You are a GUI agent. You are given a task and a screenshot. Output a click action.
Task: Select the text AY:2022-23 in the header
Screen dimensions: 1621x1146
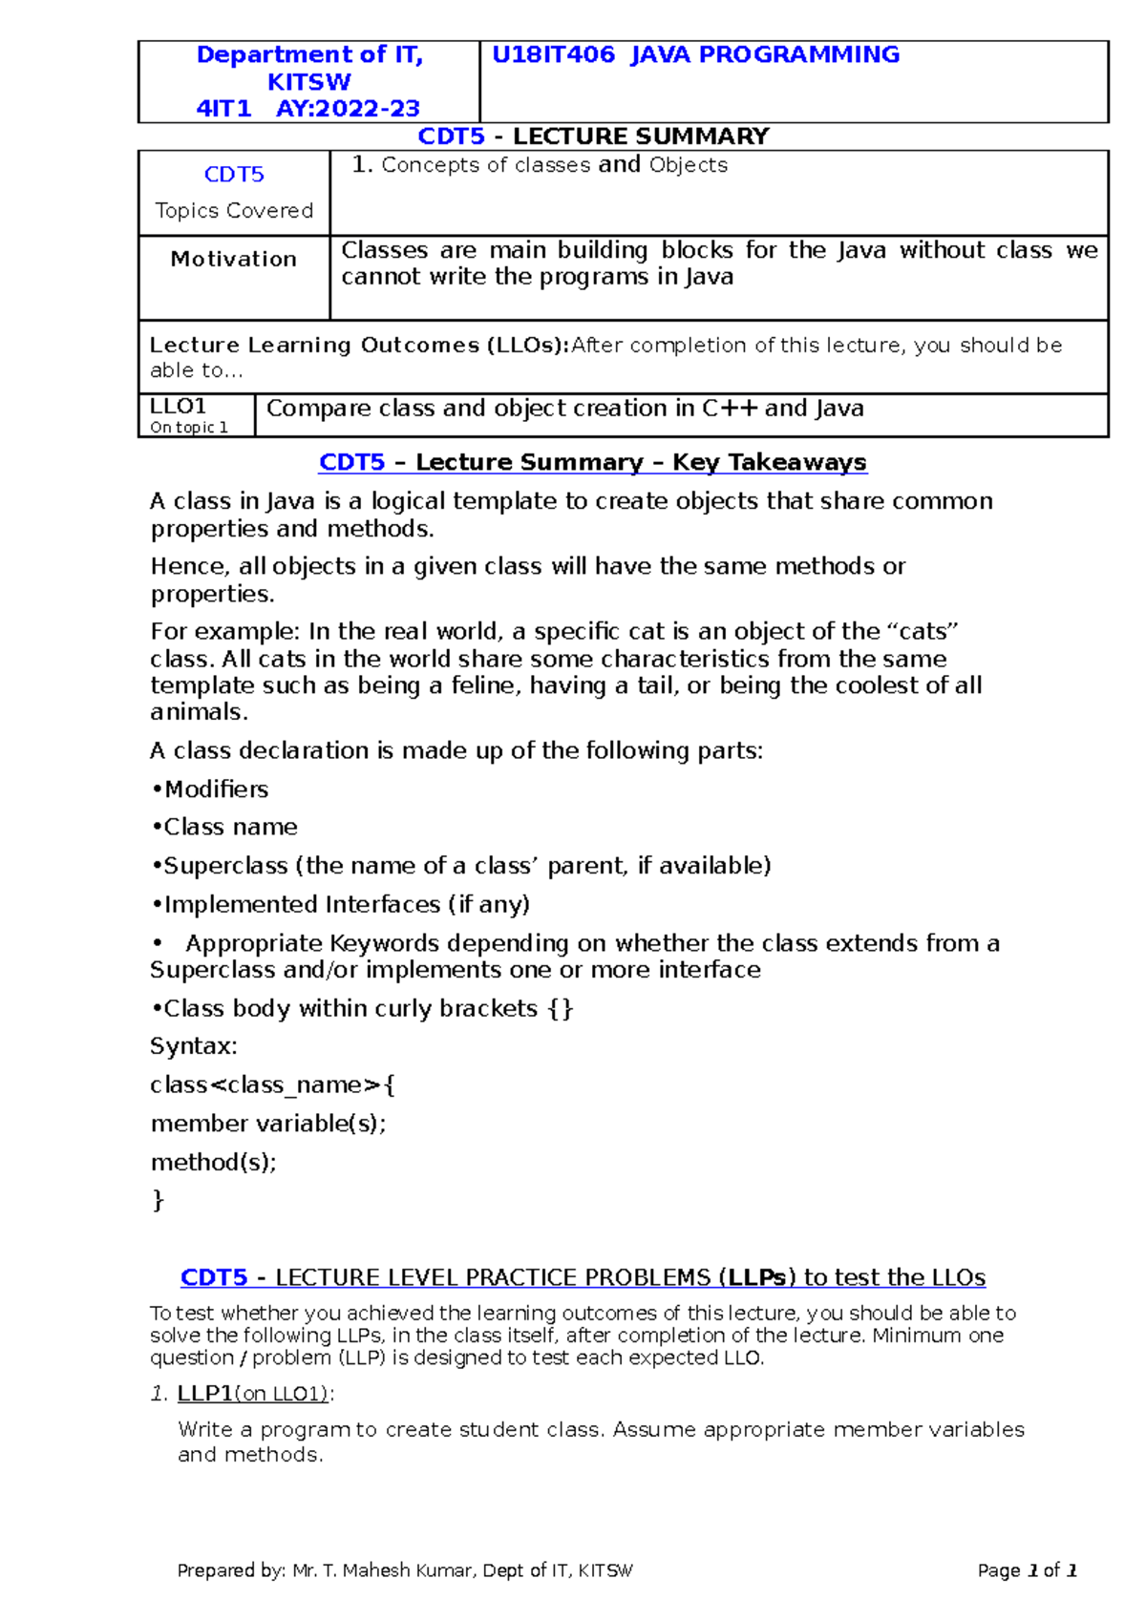(348, 109)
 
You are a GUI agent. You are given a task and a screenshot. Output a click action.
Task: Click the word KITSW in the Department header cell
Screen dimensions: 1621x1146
(308, 82)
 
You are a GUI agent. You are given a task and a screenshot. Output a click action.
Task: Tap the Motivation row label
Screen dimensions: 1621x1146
(233, 259)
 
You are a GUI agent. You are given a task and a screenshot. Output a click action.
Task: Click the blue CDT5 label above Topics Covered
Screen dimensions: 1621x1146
(234, 175)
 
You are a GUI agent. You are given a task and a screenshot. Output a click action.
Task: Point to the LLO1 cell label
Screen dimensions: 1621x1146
(179, 407)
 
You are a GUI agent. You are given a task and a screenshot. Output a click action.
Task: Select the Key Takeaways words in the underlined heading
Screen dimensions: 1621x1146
(769, 462)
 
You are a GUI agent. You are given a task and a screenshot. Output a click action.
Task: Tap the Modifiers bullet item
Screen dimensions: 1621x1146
(215, 789)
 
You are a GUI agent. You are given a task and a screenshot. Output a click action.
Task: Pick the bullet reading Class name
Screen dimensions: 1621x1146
(229, 827)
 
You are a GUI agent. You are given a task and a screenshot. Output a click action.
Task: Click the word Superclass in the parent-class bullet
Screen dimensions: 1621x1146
(225, 866)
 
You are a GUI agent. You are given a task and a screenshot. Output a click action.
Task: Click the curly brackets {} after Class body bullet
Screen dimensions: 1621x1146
(561, 1009)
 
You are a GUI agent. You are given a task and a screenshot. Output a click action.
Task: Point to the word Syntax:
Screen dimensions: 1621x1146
(194, 1046)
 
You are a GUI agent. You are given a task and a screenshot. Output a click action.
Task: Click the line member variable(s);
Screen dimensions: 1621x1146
(268, 1124)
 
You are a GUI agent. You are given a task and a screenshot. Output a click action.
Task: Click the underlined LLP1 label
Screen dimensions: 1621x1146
(204, 1394)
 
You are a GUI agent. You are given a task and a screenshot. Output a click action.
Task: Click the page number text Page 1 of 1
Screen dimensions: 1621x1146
(1027, 1570)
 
